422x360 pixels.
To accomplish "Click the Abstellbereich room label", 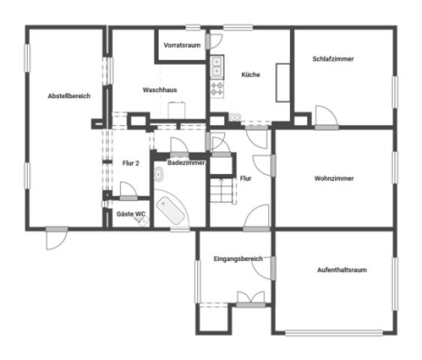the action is pyautogui.click(x=69, y=96).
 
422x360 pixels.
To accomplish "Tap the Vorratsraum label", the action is pyautogui.click(x=182, y=45).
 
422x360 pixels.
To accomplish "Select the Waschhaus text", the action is pyautogui.click(x=160, y=90).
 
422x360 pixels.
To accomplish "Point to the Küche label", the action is pyautogui.click(x=250, y=74).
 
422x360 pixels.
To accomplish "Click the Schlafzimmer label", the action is pyautogui.click(x=334, y=59).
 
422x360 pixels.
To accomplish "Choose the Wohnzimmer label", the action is pyautogui.click(x=334, y=178).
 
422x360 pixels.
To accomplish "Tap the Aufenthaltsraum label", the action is pyautogui.click(x=342, y=270).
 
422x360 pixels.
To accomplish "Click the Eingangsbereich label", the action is pyautogui.click(x=238, y=259).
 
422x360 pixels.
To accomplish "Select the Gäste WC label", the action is pyautogui.click(x=131, y=214).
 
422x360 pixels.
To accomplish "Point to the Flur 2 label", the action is pyautogui.click(x=131, y=163).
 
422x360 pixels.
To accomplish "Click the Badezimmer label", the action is pyautogui.click(x=186, y=163).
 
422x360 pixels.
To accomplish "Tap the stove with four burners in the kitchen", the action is pyautogui.click(x=217, y=88).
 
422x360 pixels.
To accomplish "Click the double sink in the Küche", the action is pyautogui.click(x=217, y=67).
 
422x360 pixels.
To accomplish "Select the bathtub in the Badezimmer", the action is pyautogui.click(x=171, y=211).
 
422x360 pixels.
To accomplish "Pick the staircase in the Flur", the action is pyautogui.click(x=222, y=190).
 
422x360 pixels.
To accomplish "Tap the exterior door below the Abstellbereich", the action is pyautogui.click(x=56, y=238).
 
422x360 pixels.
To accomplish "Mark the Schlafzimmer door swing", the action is pyautogui.click(x=326, y=116).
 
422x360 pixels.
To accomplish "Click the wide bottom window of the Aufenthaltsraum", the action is pyautogui.click(x=334, y=333).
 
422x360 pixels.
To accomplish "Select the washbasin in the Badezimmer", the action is pyautogui.click(x=159, y=174).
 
